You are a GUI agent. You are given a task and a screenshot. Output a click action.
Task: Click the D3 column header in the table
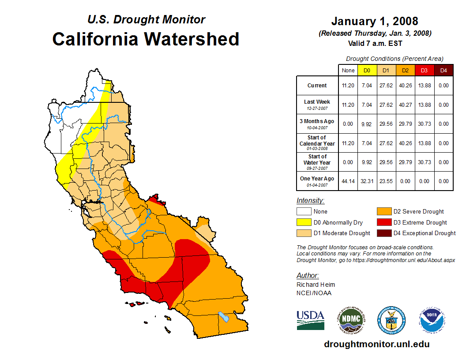pos(424,70)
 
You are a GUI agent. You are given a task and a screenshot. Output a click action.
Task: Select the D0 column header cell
pos(367,70)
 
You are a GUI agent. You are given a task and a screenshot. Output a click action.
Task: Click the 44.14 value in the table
pos(348,181)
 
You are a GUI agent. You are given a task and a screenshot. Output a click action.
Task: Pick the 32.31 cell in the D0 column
pos(367,181)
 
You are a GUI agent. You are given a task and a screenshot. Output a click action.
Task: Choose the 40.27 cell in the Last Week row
pos(405,105)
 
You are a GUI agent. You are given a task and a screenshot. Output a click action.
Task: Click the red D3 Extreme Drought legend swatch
pos(383,222)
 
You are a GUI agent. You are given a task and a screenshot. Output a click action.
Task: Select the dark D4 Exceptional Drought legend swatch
pos(383,233)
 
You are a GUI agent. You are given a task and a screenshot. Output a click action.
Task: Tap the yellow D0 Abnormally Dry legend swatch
pos(304,222)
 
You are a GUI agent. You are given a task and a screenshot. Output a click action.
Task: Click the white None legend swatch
pos(304,212)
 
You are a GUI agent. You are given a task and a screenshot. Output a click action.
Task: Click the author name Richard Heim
pos(316,285)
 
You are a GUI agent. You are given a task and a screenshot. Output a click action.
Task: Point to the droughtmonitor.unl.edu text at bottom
pos(376,344)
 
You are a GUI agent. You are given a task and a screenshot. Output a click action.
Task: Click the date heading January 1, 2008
pos(375,21)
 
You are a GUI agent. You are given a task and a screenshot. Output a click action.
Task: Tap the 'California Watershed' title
pos(146,39)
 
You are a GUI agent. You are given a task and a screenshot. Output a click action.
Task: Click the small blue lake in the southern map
pos(224,317)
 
